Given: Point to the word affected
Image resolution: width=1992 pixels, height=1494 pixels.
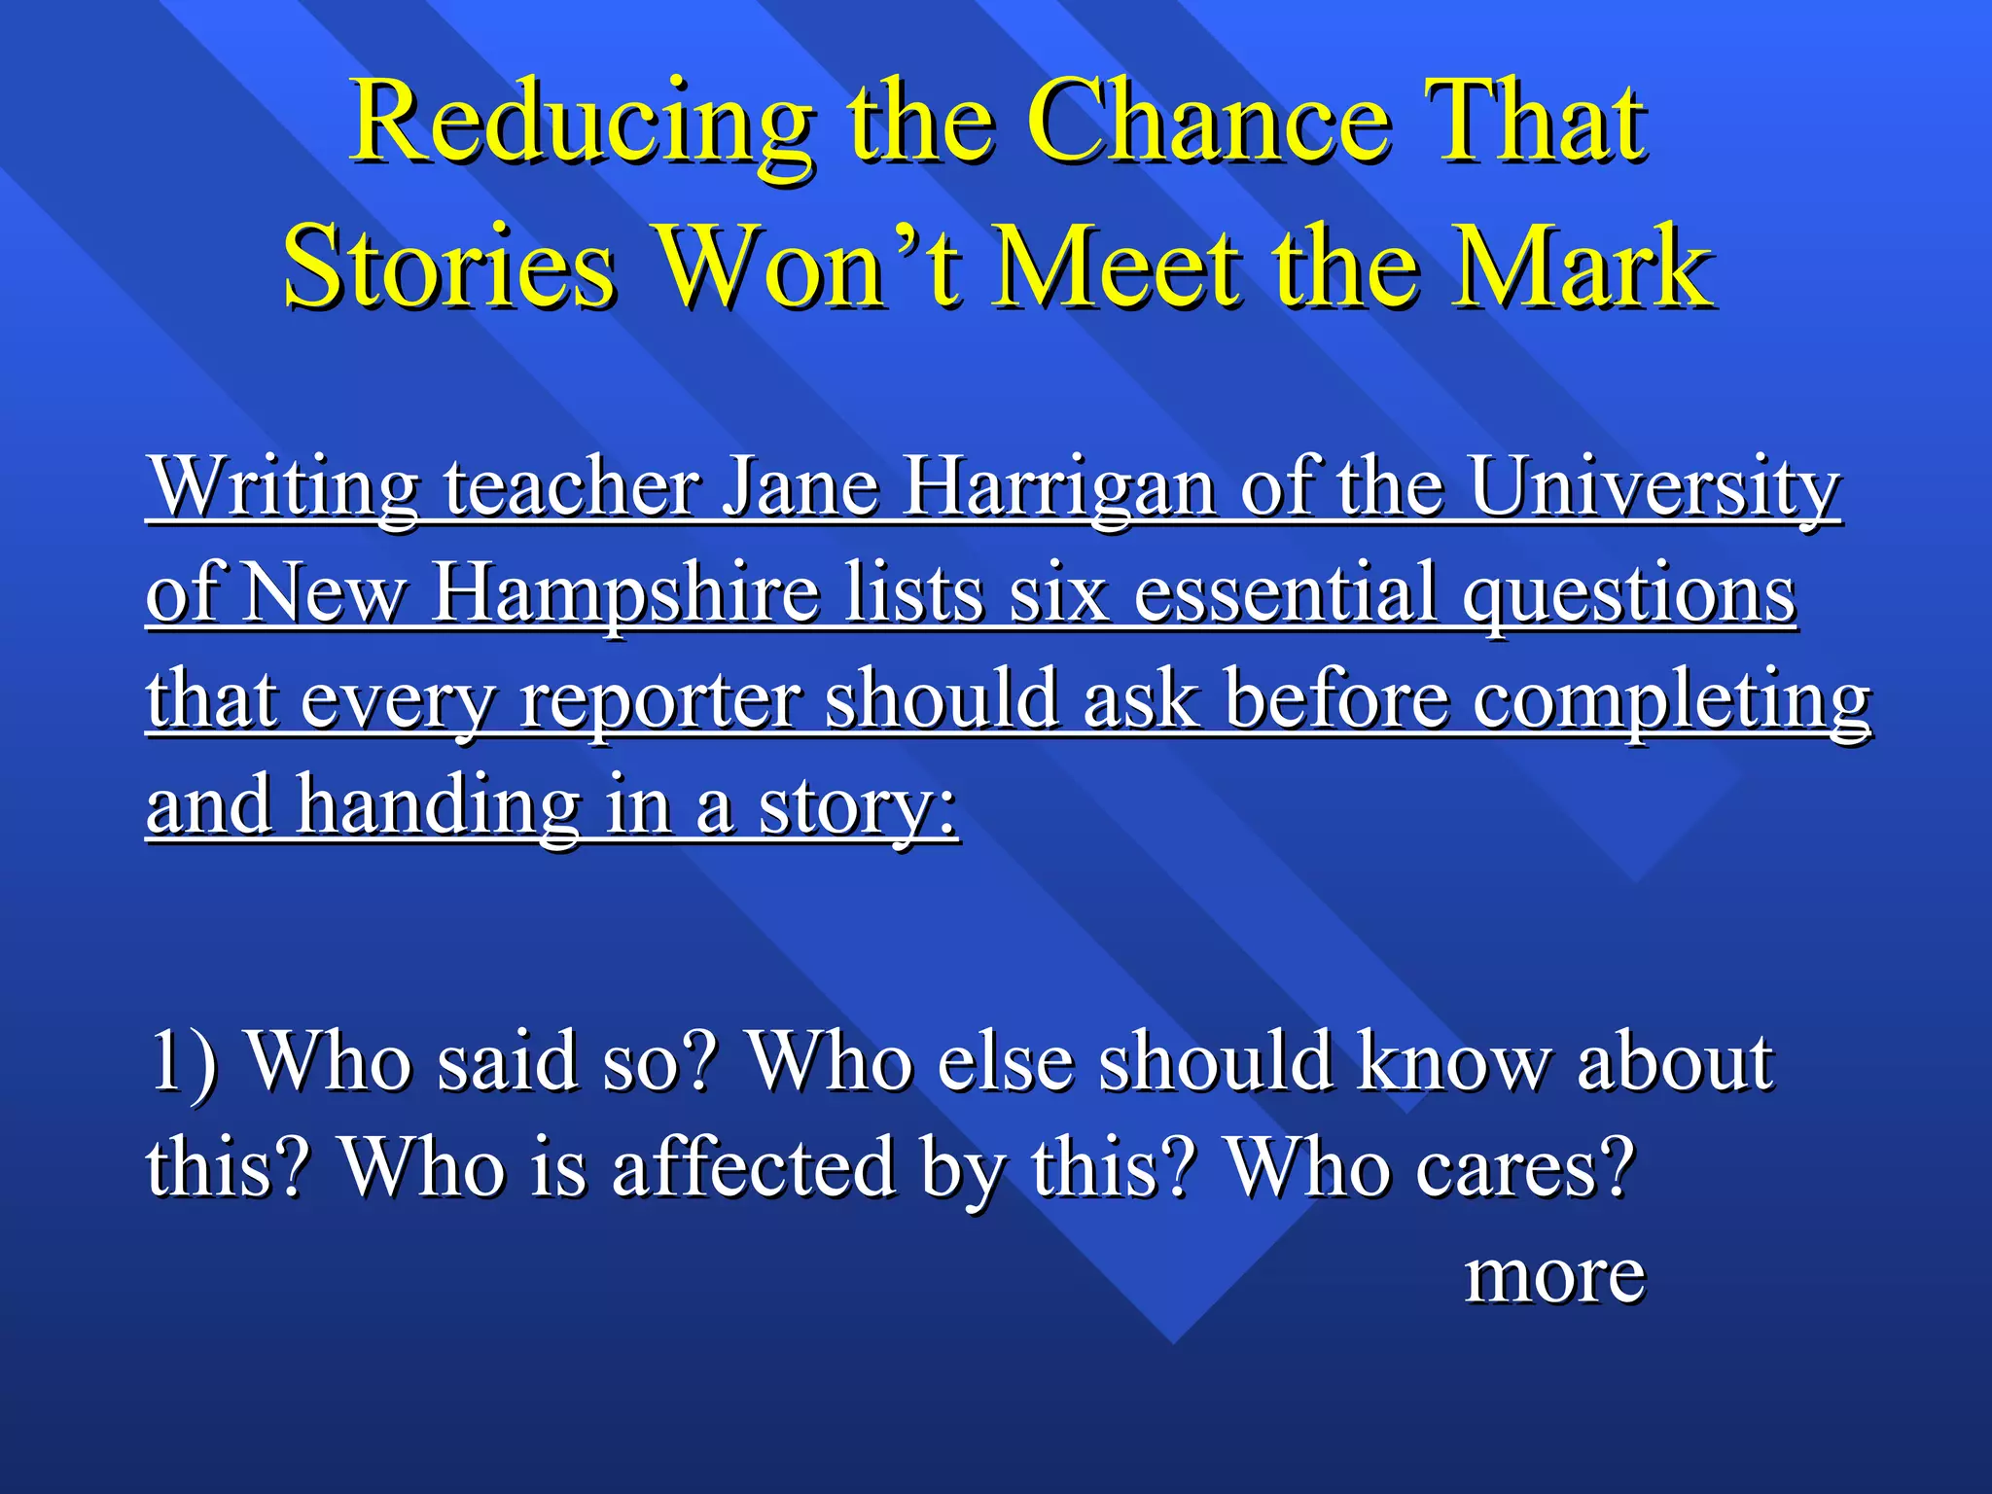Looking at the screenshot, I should coord(753,1167).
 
